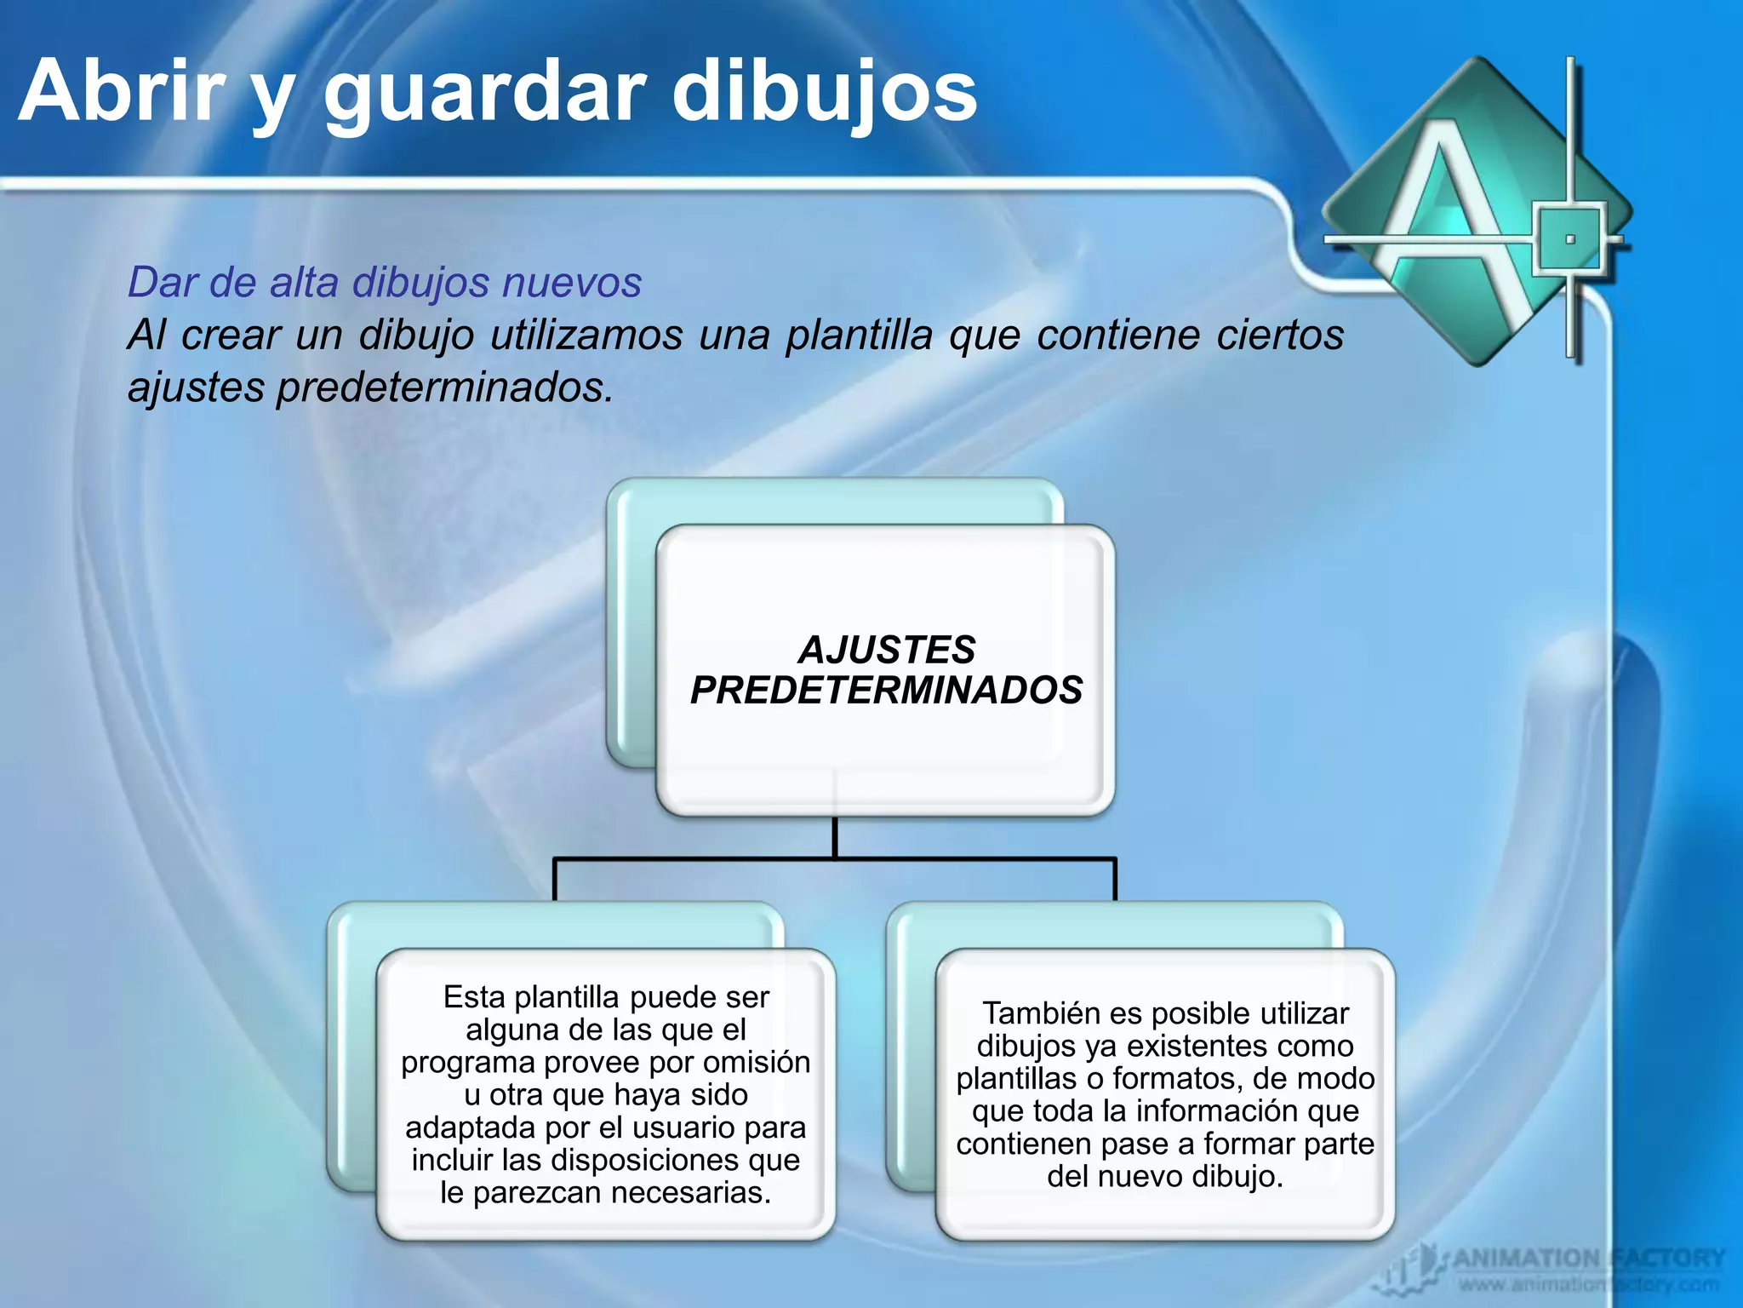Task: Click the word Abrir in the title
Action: (123, 91)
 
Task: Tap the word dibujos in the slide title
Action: (824, 91)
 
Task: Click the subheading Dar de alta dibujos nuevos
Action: (385, 282)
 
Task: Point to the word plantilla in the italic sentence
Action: (859, 335)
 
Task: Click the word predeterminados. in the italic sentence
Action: (444, 387)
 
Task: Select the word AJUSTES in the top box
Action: (886, 650)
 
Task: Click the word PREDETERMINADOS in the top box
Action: (886, 690)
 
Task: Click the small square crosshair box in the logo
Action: (1570, 238)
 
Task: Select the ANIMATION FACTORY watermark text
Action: (1588, 1258)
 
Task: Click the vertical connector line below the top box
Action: (835, 836)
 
